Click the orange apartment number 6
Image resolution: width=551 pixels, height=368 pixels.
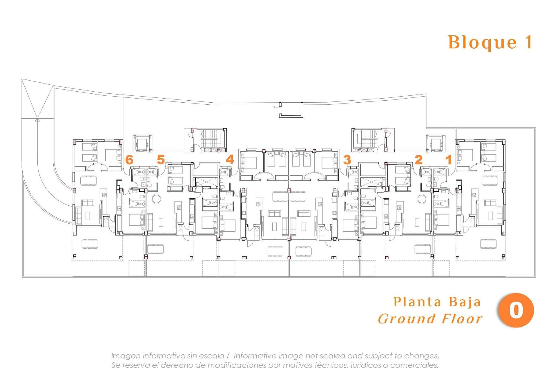coord(129,160)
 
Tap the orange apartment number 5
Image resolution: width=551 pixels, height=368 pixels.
coord(161,160)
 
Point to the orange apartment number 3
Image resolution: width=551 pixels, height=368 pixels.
coord(347,160)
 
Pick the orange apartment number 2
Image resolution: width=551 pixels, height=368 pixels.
coord(419,160)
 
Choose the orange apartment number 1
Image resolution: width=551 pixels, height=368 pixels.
coord(449,160)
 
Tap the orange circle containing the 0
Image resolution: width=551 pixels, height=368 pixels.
coord(516,310)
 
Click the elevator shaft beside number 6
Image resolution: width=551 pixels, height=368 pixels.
coord(142,143)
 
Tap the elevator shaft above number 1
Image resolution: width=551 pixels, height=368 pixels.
coord(436,143)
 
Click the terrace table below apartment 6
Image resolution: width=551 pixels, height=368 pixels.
coord(90,244)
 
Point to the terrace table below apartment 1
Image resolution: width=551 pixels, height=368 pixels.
coord(488,244)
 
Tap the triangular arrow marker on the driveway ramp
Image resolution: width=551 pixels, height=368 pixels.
coord(37,119)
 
